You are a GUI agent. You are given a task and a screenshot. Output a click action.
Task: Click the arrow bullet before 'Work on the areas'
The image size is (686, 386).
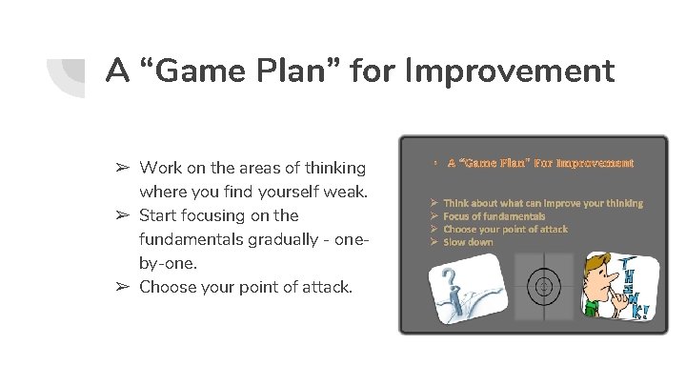(x=123, y=168)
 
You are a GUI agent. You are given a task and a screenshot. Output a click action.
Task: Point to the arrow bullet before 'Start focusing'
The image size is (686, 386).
(x=123, y=215)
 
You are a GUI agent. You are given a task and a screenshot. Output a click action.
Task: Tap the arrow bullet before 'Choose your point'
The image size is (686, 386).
(x=123, y=286)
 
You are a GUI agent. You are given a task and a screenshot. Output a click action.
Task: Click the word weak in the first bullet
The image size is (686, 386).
(x=345, y=192)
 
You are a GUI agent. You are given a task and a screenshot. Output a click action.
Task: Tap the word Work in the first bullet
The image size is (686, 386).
(x=161, y=168)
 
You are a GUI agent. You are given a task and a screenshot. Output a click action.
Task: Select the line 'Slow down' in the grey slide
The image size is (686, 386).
(x=468, y=242)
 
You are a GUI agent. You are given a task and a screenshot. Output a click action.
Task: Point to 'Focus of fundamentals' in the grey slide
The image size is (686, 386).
(x=494, y=216)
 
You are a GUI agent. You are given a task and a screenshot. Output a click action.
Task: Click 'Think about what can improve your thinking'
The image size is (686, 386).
(x=542, y=203)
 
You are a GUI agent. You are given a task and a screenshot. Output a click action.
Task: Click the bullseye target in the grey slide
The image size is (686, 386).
(x=544, y=286)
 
